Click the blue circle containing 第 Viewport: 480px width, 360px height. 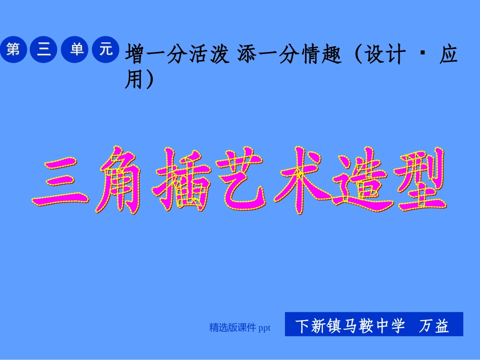pyautogui.click(x=14, y=49)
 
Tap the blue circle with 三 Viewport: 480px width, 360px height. pyautogui.click(x=44, y=49)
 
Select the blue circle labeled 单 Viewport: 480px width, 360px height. pyautogui.click(x=75, y=49)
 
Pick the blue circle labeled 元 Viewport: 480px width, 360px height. pyautogui.click(x=105, y=49)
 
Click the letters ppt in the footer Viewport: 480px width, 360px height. pyautogui.click(x=264, y=328)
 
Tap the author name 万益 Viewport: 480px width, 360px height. pyautogui.click(x=434, y=326)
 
